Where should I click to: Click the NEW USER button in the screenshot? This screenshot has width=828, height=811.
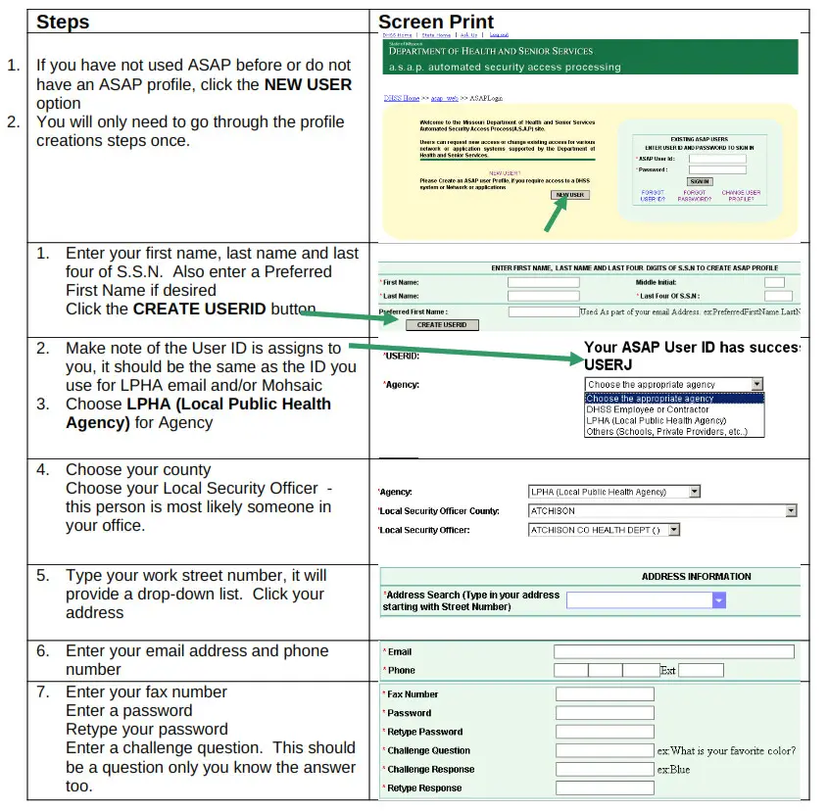pyautogui.click(x=569, y=195)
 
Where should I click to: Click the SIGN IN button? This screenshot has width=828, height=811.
pyautogui.click(x=700, y=181)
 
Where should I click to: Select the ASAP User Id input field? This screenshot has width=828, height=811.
pyautogui.click(x=717, y=159)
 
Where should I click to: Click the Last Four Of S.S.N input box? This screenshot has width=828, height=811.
pyautogui.click(x=778, y=296)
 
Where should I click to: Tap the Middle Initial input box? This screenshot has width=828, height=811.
pyautogui.click(x=774, y=282)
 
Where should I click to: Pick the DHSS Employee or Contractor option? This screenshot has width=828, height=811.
pyautogui.click(x=646, y=409)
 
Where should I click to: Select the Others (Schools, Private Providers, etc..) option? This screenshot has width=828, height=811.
pyautogui.click(x=666, y=431)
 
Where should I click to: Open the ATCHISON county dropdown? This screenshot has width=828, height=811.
pyautogui.click(x=790, y=510)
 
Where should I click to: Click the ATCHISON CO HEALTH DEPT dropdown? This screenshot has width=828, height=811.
pyautogui.click(x=673, y=530)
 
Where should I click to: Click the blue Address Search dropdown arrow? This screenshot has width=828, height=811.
pyautogui.click(x=719, y=600)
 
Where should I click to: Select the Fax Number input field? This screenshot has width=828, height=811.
pyautogui.click(x=604, y=694)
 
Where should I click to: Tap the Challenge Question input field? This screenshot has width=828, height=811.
pyautogui.click(x=604, y=751)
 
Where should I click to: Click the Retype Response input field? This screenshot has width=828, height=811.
pyautogui.click(x=604, y=788)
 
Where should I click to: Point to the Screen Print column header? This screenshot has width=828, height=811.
pyautogui.click(x=436, y=22)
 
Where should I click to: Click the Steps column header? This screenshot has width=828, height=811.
pyautogui.click(x=63, y=22)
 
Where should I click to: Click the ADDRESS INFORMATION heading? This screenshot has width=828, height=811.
pyautogui.click(x=696, y=577)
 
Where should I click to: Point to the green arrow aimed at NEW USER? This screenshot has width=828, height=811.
pyautogui.click(x=556, y=216)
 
